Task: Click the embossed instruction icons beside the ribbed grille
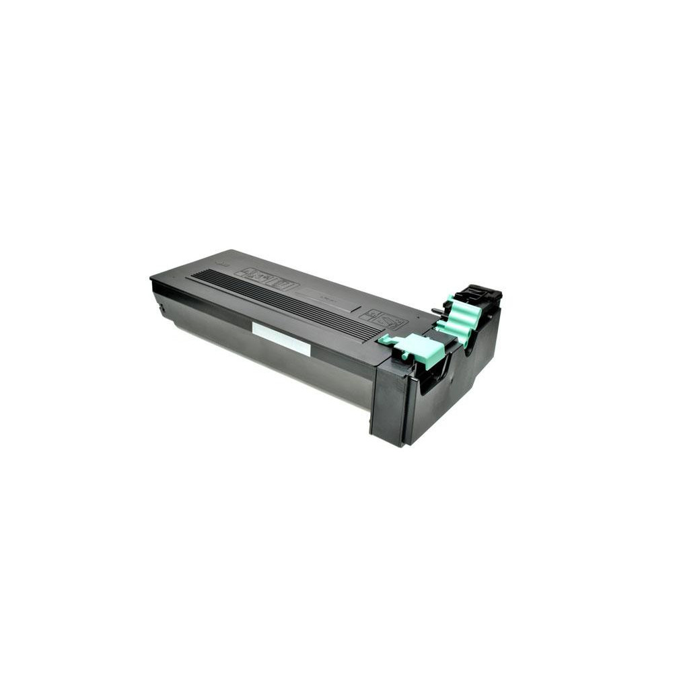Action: [x=266, y=277]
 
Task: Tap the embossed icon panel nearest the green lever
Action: [x=382, y=318]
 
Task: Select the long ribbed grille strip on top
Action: [x=283, y=303]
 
